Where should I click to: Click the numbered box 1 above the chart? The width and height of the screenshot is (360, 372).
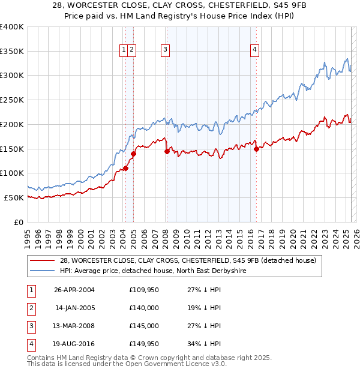click(124, 50)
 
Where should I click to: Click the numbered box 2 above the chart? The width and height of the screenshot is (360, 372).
click(131, 50)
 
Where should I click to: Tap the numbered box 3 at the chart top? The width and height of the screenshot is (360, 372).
click(165, 50)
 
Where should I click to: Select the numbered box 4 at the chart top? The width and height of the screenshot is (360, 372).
click(255, 50)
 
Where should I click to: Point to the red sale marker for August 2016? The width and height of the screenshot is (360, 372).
click(256, 149)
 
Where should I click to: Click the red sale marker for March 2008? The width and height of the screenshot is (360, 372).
click(167, 151)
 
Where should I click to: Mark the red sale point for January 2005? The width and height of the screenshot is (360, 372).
click(133, 154)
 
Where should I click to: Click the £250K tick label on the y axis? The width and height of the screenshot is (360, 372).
click(12, 100)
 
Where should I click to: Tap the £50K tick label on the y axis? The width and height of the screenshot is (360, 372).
click(14, 197)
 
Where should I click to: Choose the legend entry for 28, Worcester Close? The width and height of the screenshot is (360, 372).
click(191, 260)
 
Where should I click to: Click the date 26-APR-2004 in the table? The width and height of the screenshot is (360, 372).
click(74, 290)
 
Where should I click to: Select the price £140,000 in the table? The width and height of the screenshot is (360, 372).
click(143, 308)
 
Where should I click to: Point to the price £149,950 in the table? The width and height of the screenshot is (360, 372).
click(143, 344)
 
